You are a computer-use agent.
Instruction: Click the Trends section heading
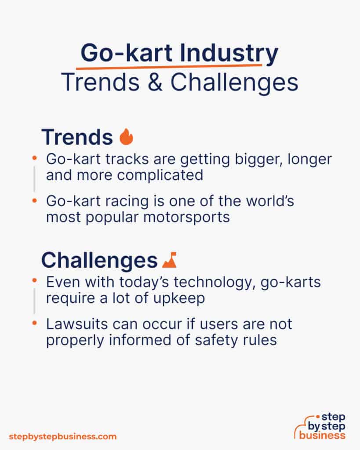[77, 137]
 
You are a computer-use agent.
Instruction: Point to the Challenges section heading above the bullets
[99, 260]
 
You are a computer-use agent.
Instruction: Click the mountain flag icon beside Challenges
[169, 260]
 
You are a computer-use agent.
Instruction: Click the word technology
[207, 282]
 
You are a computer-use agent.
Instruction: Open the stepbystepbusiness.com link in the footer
[63, 436]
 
